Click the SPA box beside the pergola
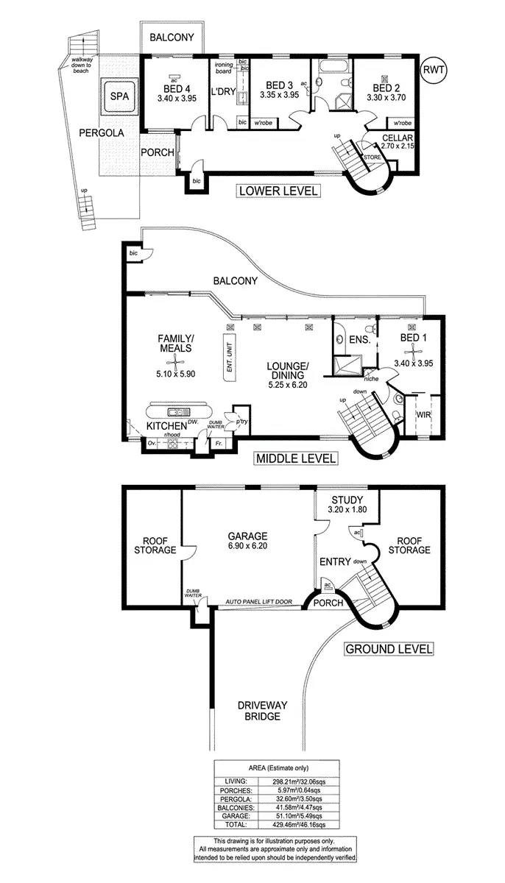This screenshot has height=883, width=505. pos(118,96)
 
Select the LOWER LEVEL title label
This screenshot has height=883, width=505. pos(278,191)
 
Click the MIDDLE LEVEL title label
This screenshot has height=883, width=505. pos(295,458)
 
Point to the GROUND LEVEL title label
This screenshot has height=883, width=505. pos(388,649)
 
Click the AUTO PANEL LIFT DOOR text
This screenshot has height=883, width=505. pos(258,602)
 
